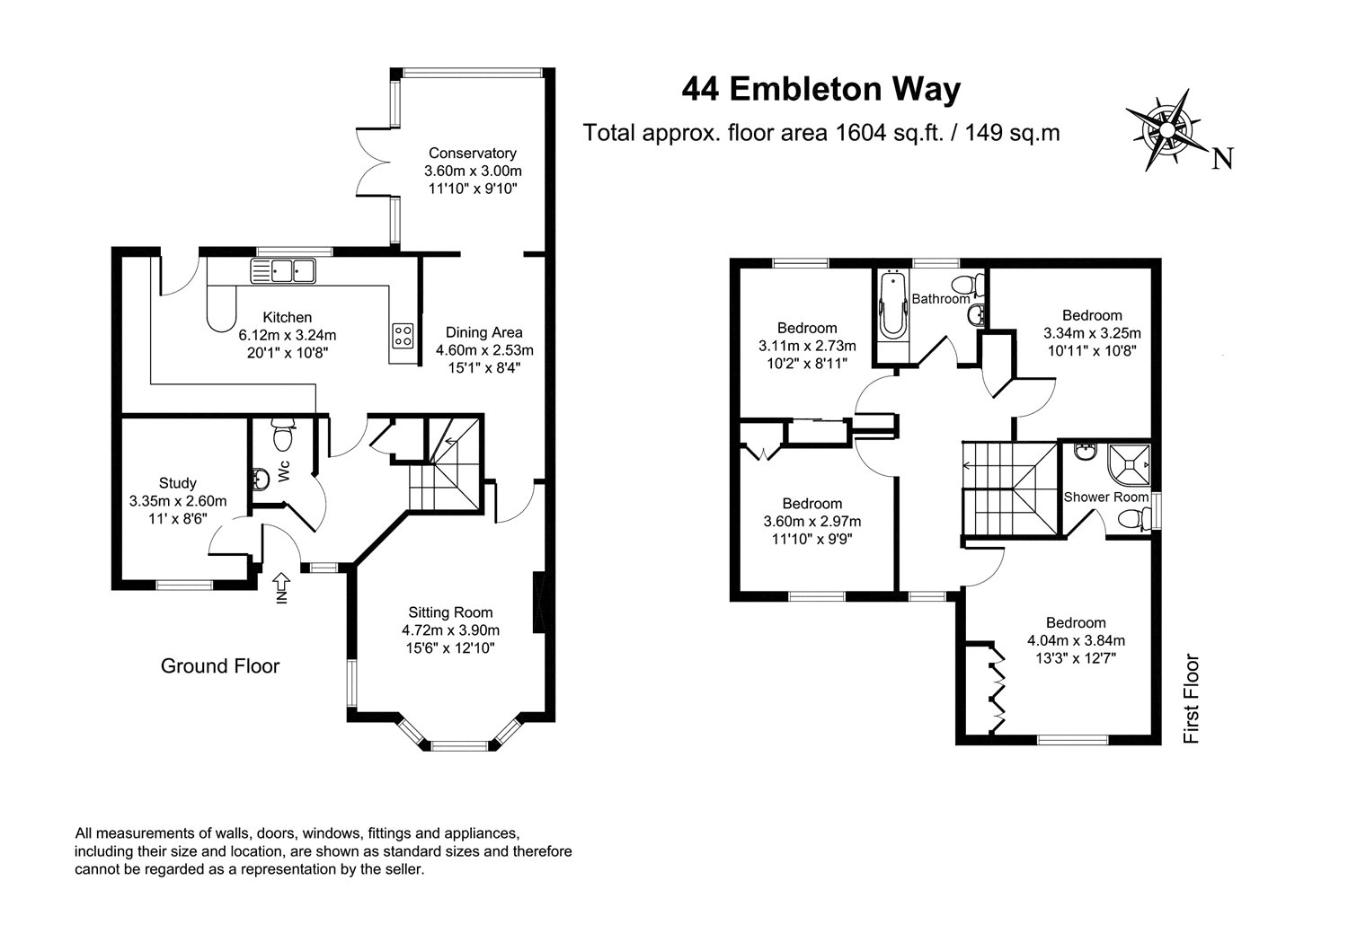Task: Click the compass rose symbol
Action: tap(1166, 130)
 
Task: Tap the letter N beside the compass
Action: tap(1222, 159)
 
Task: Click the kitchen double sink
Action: tap(283, 270)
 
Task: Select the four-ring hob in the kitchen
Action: tap(403, 336)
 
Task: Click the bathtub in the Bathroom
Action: tap(892, 307)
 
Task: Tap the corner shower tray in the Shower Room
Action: tap(1130, 464)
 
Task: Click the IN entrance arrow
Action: tap(281, 587)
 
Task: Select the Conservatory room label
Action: tap(473, 153)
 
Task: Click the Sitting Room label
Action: tap(451, 612)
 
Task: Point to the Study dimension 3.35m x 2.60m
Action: tap(178, 500)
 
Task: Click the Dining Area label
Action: tap(483, 332)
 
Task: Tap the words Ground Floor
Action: tap(220, 666)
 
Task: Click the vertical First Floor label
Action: tap(1191, 699)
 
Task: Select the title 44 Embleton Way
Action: tap(820, 90)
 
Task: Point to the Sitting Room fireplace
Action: tap(539, 602)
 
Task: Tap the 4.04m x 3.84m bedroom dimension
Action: tap(1076, 640)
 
